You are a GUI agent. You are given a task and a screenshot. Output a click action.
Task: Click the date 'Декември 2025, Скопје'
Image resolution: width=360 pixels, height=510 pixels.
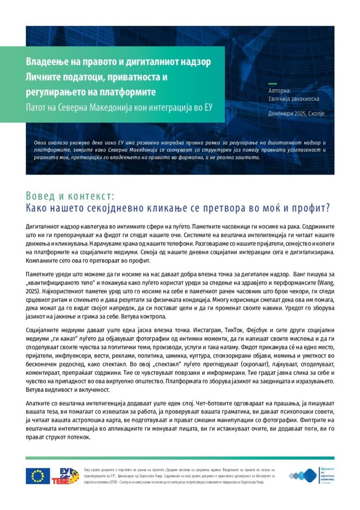coord(296,114)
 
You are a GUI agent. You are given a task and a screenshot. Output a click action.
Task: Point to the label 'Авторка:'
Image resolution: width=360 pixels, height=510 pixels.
coord(280,91)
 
